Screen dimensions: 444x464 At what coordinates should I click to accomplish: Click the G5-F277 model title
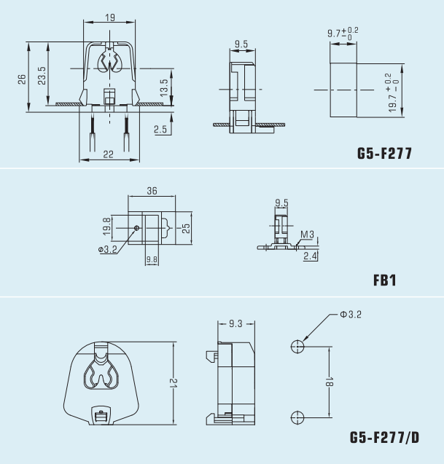pyautogui.click(x=384, y=153)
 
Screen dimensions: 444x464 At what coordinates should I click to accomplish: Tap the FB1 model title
pyautogui.click(x=384, y=280)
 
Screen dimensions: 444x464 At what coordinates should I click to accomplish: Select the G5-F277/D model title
pyautogui.click(x=384, y=437)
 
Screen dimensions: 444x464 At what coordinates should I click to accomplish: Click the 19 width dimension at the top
pyautogui.click(x=110, y=17)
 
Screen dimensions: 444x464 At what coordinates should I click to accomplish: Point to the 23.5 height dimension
pyautogui.click(x=42, y=76)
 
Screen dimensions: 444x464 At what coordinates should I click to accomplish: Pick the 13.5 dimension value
pyautogui.click(x=164, y=87)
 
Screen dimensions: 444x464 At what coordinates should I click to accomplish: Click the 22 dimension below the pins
pyautogui.click(x=108, y=154)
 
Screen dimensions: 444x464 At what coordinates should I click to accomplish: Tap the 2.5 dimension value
pyautogui.click(x=160, y=130)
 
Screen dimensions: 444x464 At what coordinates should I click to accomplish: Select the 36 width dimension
pyautogui.click(x=152, y=191)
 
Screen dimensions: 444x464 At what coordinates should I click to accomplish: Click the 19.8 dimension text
pyautogui.click(x=106, y=227)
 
